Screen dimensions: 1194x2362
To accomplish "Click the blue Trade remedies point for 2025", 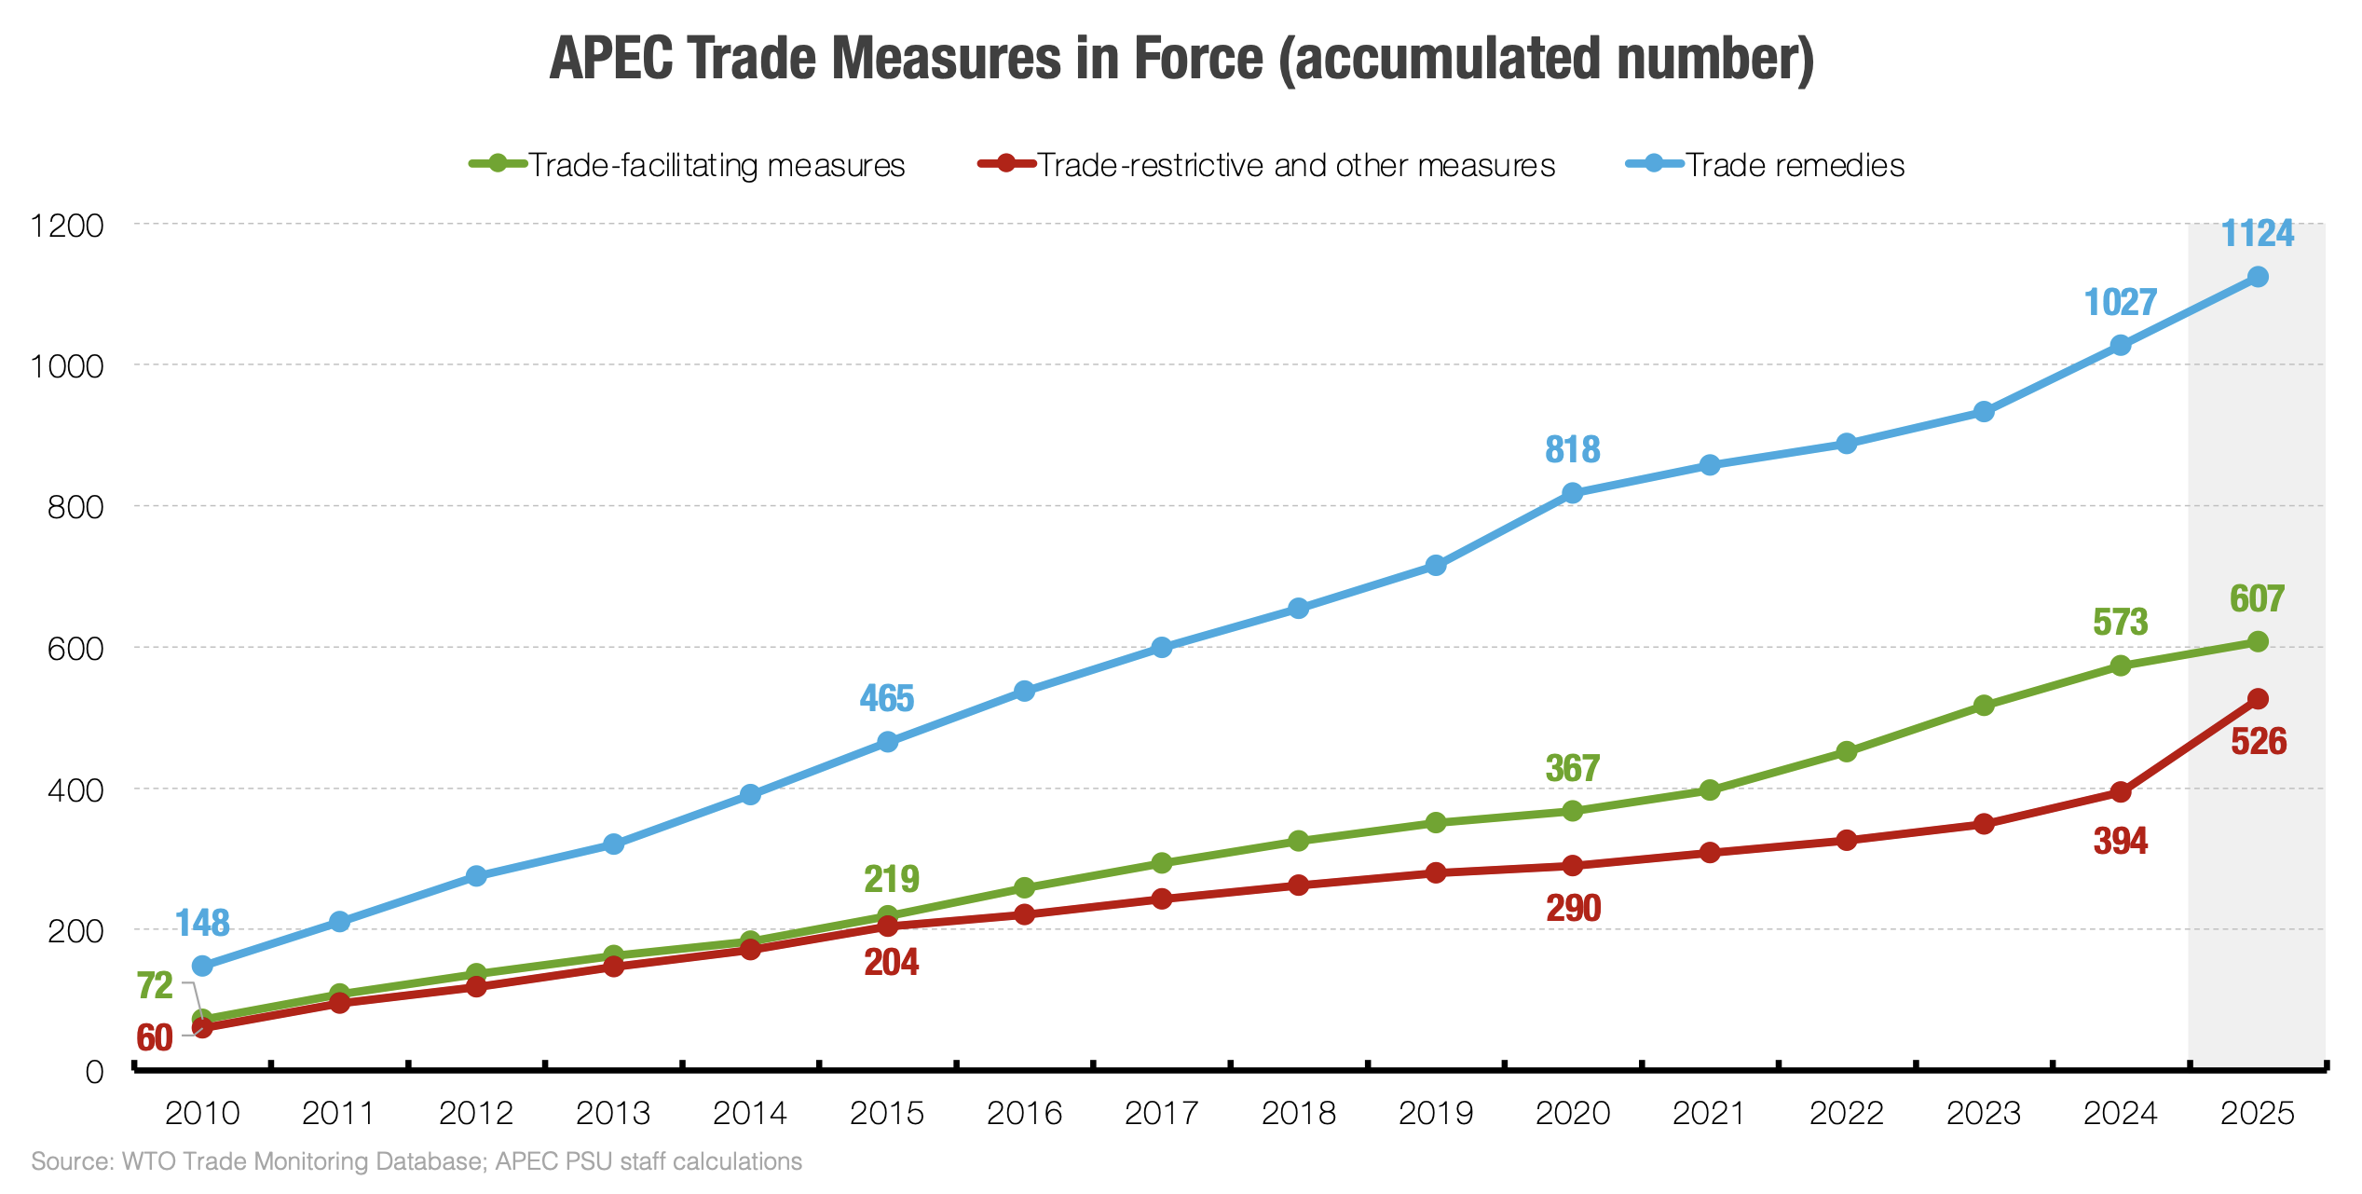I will point(2257,277).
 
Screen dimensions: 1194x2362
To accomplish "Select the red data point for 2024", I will point(2120,792).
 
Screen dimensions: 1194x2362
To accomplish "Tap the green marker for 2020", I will point(1572,811).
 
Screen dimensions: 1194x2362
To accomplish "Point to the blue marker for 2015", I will point(887,742).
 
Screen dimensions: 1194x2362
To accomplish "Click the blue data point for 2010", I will point(202,966).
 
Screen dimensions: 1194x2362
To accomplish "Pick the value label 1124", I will point(2257,233).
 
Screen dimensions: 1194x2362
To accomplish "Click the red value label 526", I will point(2258,742).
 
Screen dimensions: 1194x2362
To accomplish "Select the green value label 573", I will point(2120,622).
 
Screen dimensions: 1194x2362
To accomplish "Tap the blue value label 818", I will point(1572,449).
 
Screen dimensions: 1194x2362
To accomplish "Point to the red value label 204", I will point(891,962).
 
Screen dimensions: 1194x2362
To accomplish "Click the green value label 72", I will point(155,985).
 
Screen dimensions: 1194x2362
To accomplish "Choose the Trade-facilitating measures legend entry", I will point(688,165).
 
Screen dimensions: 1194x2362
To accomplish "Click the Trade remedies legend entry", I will point(1766,165).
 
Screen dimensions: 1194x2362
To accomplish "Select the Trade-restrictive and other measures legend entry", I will point(1267,165).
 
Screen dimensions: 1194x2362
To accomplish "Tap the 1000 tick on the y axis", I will point(66,365).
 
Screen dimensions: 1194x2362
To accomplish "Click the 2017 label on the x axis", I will point(1161,1113).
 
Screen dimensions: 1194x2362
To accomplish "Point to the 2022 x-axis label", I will point(1846,1113).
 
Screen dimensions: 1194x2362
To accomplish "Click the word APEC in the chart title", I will point(610,58).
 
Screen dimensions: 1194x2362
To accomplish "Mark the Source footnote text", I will point(416,1161).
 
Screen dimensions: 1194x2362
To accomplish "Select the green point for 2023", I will point(1983,706).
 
